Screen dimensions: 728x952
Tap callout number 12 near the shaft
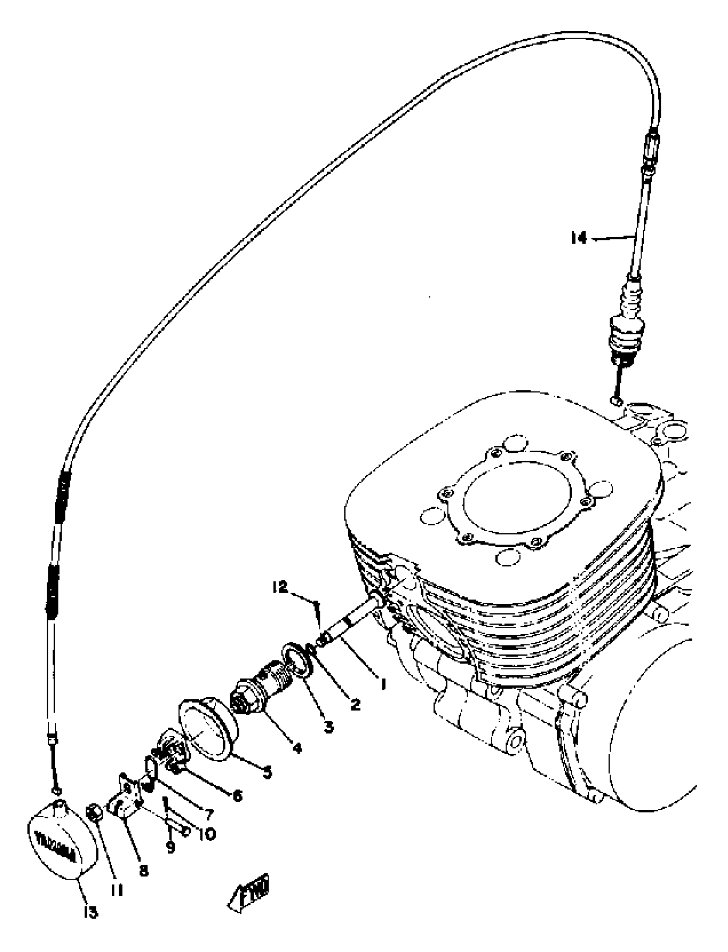pyautogui.click(x=280, y=587)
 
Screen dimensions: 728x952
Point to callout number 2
pyautogui.click(x=355, y=705)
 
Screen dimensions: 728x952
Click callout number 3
pyautogui.click(x=329, y=726)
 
